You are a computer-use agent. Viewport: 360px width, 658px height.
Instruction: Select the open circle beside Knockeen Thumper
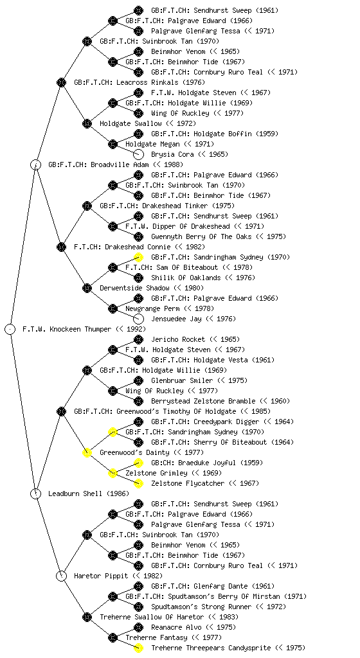pos(10,329)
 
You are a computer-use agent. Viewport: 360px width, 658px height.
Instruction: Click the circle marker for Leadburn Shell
pos(36,493)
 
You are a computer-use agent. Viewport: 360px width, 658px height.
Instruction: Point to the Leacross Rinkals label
pos(126,82)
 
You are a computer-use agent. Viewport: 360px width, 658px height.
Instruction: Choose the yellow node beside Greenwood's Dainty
pos(87,452)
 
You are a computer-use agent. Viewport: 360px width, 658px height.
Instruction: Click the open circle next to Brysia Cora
pos(138,154)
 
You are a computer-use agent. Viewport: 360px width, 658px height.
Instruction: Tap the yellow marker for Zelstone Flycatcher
pos(138,483)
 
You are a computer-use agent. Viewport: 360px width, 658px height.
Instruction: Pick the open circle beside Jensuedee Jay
pos(138,319)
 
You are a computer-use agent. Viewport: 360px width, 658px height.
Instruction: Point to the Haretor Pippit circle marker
pos(62,576)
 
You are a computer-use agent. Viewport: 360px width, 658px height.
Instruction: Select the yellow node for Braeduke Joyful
pos(138,463)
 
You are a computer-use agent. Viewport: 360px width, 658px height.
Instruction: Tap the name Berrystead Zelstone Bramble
pos(221,401)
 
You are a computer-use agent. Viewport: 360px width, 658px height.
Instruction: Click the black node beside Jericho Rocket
pos(138,339)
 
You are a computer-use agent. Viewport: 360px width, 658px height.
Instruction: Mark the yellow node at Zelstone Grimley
pos(113,473)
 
